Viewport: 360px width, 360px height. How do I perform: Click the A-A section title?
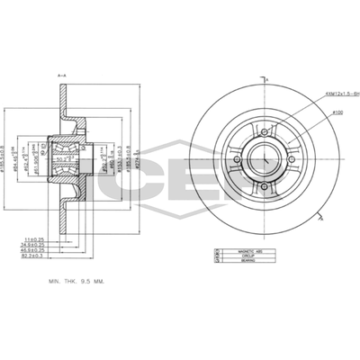tap(61, 76)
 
